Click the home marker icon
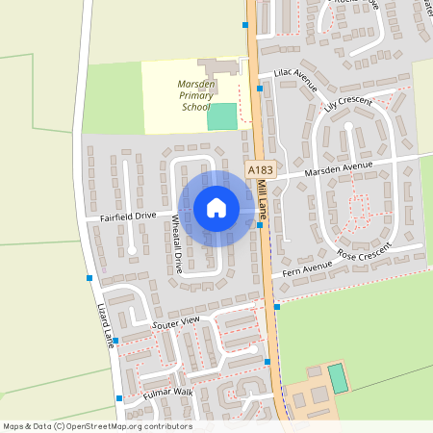click(216, 208)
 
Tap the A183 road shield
click(260, 169)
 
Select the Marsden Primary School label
click(195, 96)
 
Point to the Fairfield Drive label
click(127, 217)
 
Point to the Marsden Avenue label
click(337, 167)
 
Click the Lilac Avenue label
click(295, 77)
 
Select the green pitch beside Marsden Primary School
click(221, 115)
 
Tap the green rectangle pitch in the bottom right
click(338, 377)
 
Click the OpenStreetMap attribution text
click(96, 426)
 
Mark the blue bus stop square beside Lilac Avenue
click(260, 89)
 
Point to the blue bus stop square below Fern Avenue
click(276, 306)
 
